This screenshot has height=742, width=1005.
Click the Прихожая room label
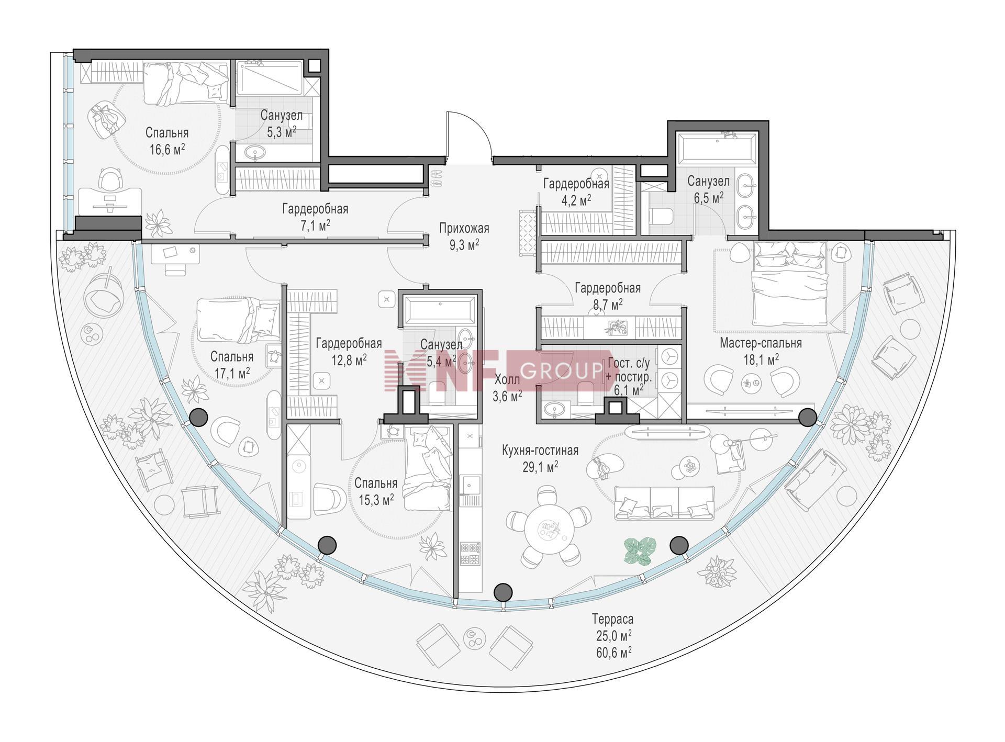[x=464, y=228]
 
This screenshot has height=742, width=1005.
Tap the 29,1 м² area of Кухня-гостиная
[x=540, y=467]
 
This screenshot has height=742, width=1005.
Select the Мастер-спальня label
[x=761, y=343]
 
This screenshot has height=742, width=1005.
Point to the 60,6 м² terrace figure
[x=613, y=651]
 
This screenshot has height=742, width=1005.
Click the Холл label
[x=507, y=380]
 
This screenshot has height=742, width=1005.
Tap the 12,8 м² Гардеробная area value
[x=349, y=360]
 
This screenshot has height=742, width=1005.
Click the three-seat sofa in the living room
[x=664, y=503]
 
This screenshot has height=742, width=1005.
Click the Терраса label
[x=613, y=619]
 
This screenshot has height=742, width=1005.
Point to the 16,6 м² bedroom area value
[x=167, y=150]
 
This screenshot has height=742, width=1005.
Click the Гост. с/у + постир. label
[x=629, y=369]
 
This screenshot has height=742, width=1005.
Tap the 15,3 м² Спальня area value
[x=376, y=500]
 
